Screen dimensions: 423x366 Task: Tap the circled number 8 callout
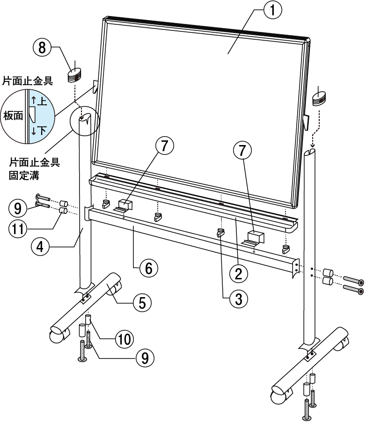coord(42,48)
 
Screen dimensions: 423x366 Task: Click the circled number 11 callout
coord(18,229)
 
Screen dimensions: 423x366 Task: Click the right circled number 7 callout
coord(242,151)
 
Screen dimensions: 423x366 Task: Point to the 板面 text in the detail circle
coord(14,116)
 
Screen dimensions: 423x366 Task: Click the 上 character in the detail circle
coord(41,101)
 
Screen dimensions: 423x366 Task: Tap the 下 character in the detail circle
coord(41,131)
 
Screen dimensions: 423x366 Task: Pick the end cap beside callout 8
coord(74,75)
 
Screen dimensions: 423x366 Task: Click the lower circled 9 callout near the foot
coord(145,358)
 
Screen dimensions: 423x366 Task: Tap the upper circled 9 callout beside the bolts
coord(17,204)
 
